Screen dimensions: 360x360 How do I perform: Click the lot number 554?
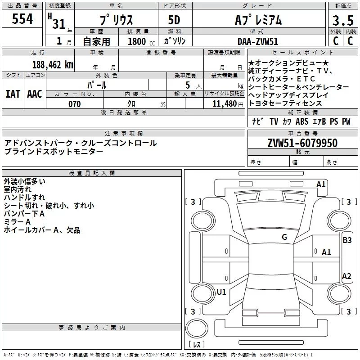click(x=22, y=19)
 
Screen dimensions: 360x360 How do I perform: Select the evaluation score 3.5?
click(x=342, y=21)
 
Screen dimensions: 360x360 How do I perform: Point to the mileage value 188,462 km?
click(x=52, y=65)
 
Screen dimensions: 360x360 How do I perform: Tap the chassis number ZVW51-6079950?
click(x=302, y=143)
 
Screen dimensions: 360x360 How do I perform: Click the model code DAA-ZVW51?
click(x=258, y=41)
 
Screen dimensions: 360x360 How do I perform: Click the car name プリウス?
click(x=115, y=21)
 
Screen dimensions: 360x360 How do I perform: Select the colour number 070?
click(x=74, y=104)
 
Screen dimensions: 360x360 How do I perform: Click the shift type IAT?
click(x=13, y=94)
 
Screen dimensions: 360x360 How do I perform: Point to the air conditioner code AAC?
click(x=35, y=94)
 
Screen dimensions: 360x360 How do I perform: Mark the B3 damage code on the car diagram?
click(x=347, y=240)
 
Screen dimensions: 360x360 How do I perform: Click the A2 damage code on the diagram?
click(x=346, y=276)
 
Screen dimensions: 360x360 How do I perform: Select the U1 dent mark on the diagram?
click(x=221, y=292)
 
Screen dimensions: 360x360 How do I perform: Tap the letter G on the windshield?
click(x=284, y=237)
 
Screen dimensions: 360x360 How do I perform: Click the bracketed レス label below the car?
click(x=197, y=345)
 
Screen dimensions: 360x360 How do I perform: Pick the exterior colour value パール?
click(x=97, y=85)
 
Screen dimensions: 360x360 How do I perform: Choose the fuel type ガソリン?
click(x=175, y=41)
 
